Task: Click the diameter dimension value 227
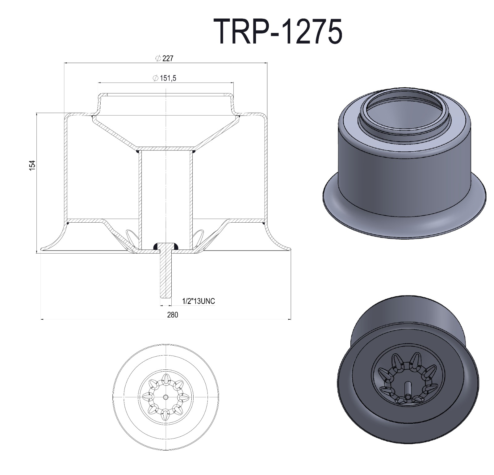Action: tap(168, 58)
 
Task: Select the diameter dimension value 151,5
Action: tap(168, 78)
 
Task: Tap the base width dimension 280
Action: tap(173, 315)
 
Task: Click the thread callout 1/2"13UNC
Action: tap(199, 301)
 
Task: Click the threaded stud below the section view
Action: tap(166, 275)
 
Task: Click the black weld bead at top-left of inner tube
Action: tap(137, 151)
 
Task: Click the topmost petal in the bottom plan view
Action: tap(166, 378)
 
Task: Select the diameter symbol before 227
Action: tap(158, 58)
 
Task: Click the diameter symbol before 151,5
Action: tap(156, 78)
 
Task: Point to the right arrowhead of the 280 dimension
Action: tap(290, 319)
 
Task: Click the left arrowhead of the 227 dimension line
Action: tap(65, 63)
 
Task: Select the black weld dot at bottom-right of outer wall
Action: tap(263, 223)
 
